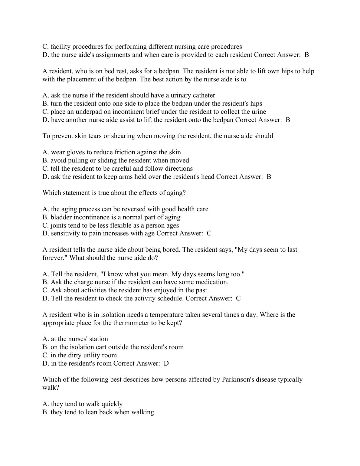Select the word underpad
click(x=89, y=112)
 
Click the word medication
click(x=212, y=282)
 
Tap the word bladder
click(x=60, y=217)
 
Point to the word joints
click(x=58, y=225)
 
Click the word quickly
click(x=112, y=404)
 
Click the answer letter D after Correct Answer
click(x=166, y=363)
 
